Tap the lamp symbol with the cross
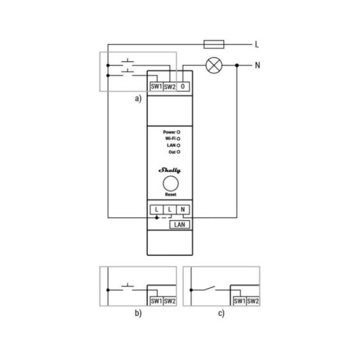point(213,66)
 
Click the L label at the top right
point(257,45)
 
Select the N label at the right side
point(257,66)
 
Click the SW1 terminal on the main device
point(156,87)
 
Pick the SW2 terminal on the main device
point(170,87)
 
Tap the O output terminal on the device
point(184,87)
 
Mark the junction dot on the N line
point(236,66)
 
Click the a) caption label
point(138,98)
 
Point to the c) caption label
point(221,314)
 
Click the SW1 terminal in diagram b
point(155,300)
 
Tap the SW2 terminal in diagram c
point(253,300)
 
